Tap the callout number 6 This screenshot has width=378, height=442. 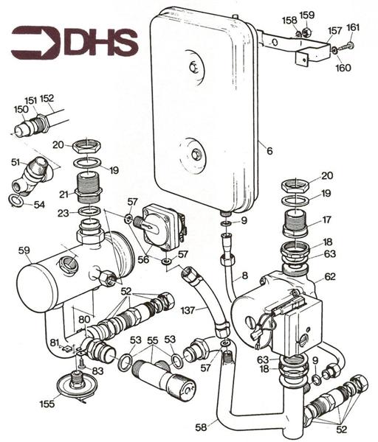pos(269,151)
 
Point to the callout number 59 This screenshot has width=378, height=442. pos(24,250)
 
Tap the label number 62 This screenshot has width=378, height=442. pos(330,278)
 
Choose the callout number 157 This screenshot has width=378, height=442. pos(334,31)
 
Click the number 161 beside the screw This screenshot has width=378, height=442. pos(353,27)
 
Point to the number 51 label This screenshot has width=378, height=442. pos(16,163)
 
